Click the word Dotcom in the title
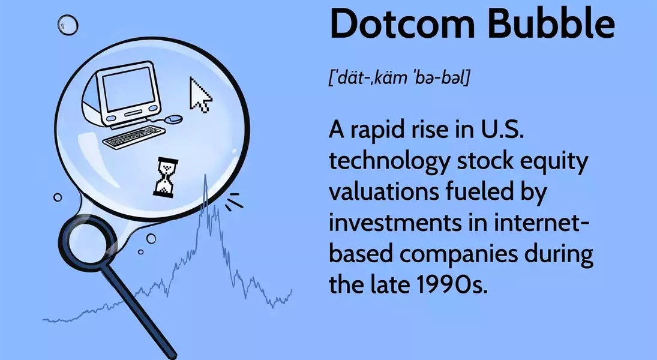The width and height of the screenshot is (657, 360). (402, 24)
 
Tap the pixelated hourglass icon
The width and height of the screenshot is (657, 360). (165, 177)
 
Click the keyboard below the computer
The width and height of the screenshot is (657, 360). (133, 137)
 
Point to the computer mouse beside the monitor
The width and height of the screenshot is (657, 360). (173, 119)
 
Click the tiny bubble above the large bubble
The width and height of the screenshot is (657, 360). (67, 25)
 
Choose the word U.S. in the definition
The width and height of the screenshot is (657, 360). (502, 130)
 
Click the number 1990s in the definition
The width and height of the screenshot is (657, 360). (453, 284)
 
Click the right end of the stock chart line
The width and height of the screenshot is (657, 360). (292, 290)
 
